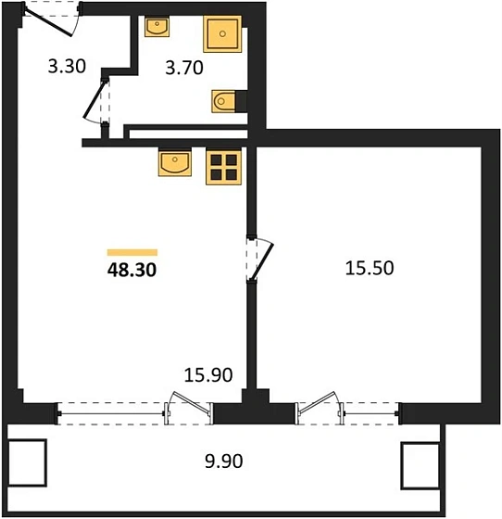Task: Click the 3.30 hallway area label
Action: point(68,66)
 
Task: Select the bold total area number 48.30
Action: point(132,272)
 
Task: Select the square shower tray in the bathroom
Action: point(222,36)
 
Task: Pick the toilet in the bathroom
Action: point(227,100)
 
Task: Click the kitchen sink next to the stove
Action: point(176,164)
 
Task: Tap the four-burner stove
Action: point(223,166)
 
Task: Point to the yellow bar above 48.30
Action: point(132,251)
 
